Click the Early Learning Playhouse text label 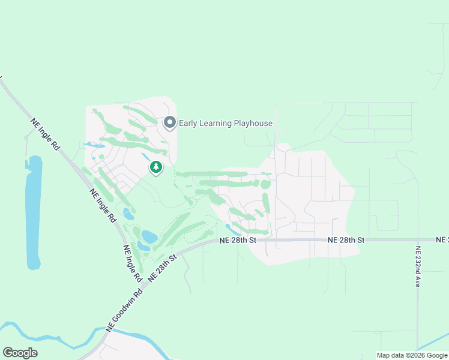225,124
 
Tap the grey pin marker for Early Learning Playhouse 170,123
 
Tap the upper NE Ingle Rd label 45,137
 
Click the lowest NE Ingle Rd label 131,263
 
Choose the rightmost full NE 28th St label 346,240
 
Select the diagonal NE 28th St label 163,268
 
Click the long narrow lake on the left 34,210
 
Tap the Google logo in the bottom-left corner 20,353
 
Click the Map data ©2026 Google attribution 412,355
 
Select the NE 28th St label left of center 238,240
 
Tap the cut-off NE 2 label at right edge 442,240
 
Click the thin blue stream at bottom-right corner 435,342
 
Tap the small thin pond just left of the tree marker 146,157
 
